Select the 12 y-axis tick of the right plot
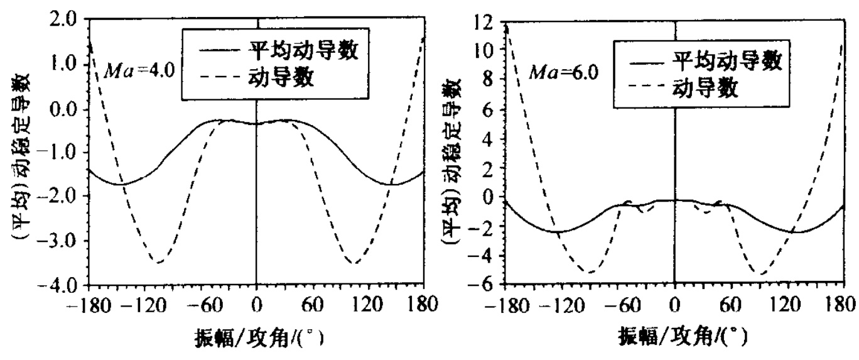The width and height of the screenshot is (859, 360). click(x=484, y=20)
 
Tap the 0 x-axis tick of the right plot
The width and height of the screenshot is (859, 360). click(x=674, y=308)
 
